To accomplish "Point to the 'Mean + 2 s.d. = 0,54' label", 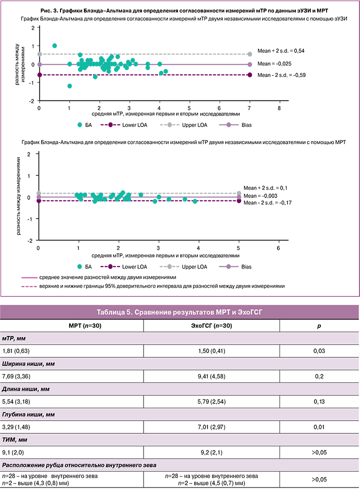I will pos(281,50).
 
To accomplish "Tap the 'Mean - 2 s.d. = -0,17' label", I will pos(267,203).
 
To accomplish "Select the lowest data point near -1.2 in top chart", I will pos(69,86).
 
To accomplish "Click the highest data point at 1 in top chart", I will pos(54,45).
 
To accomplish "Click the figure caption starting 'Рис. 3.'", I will pos(179,10).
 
